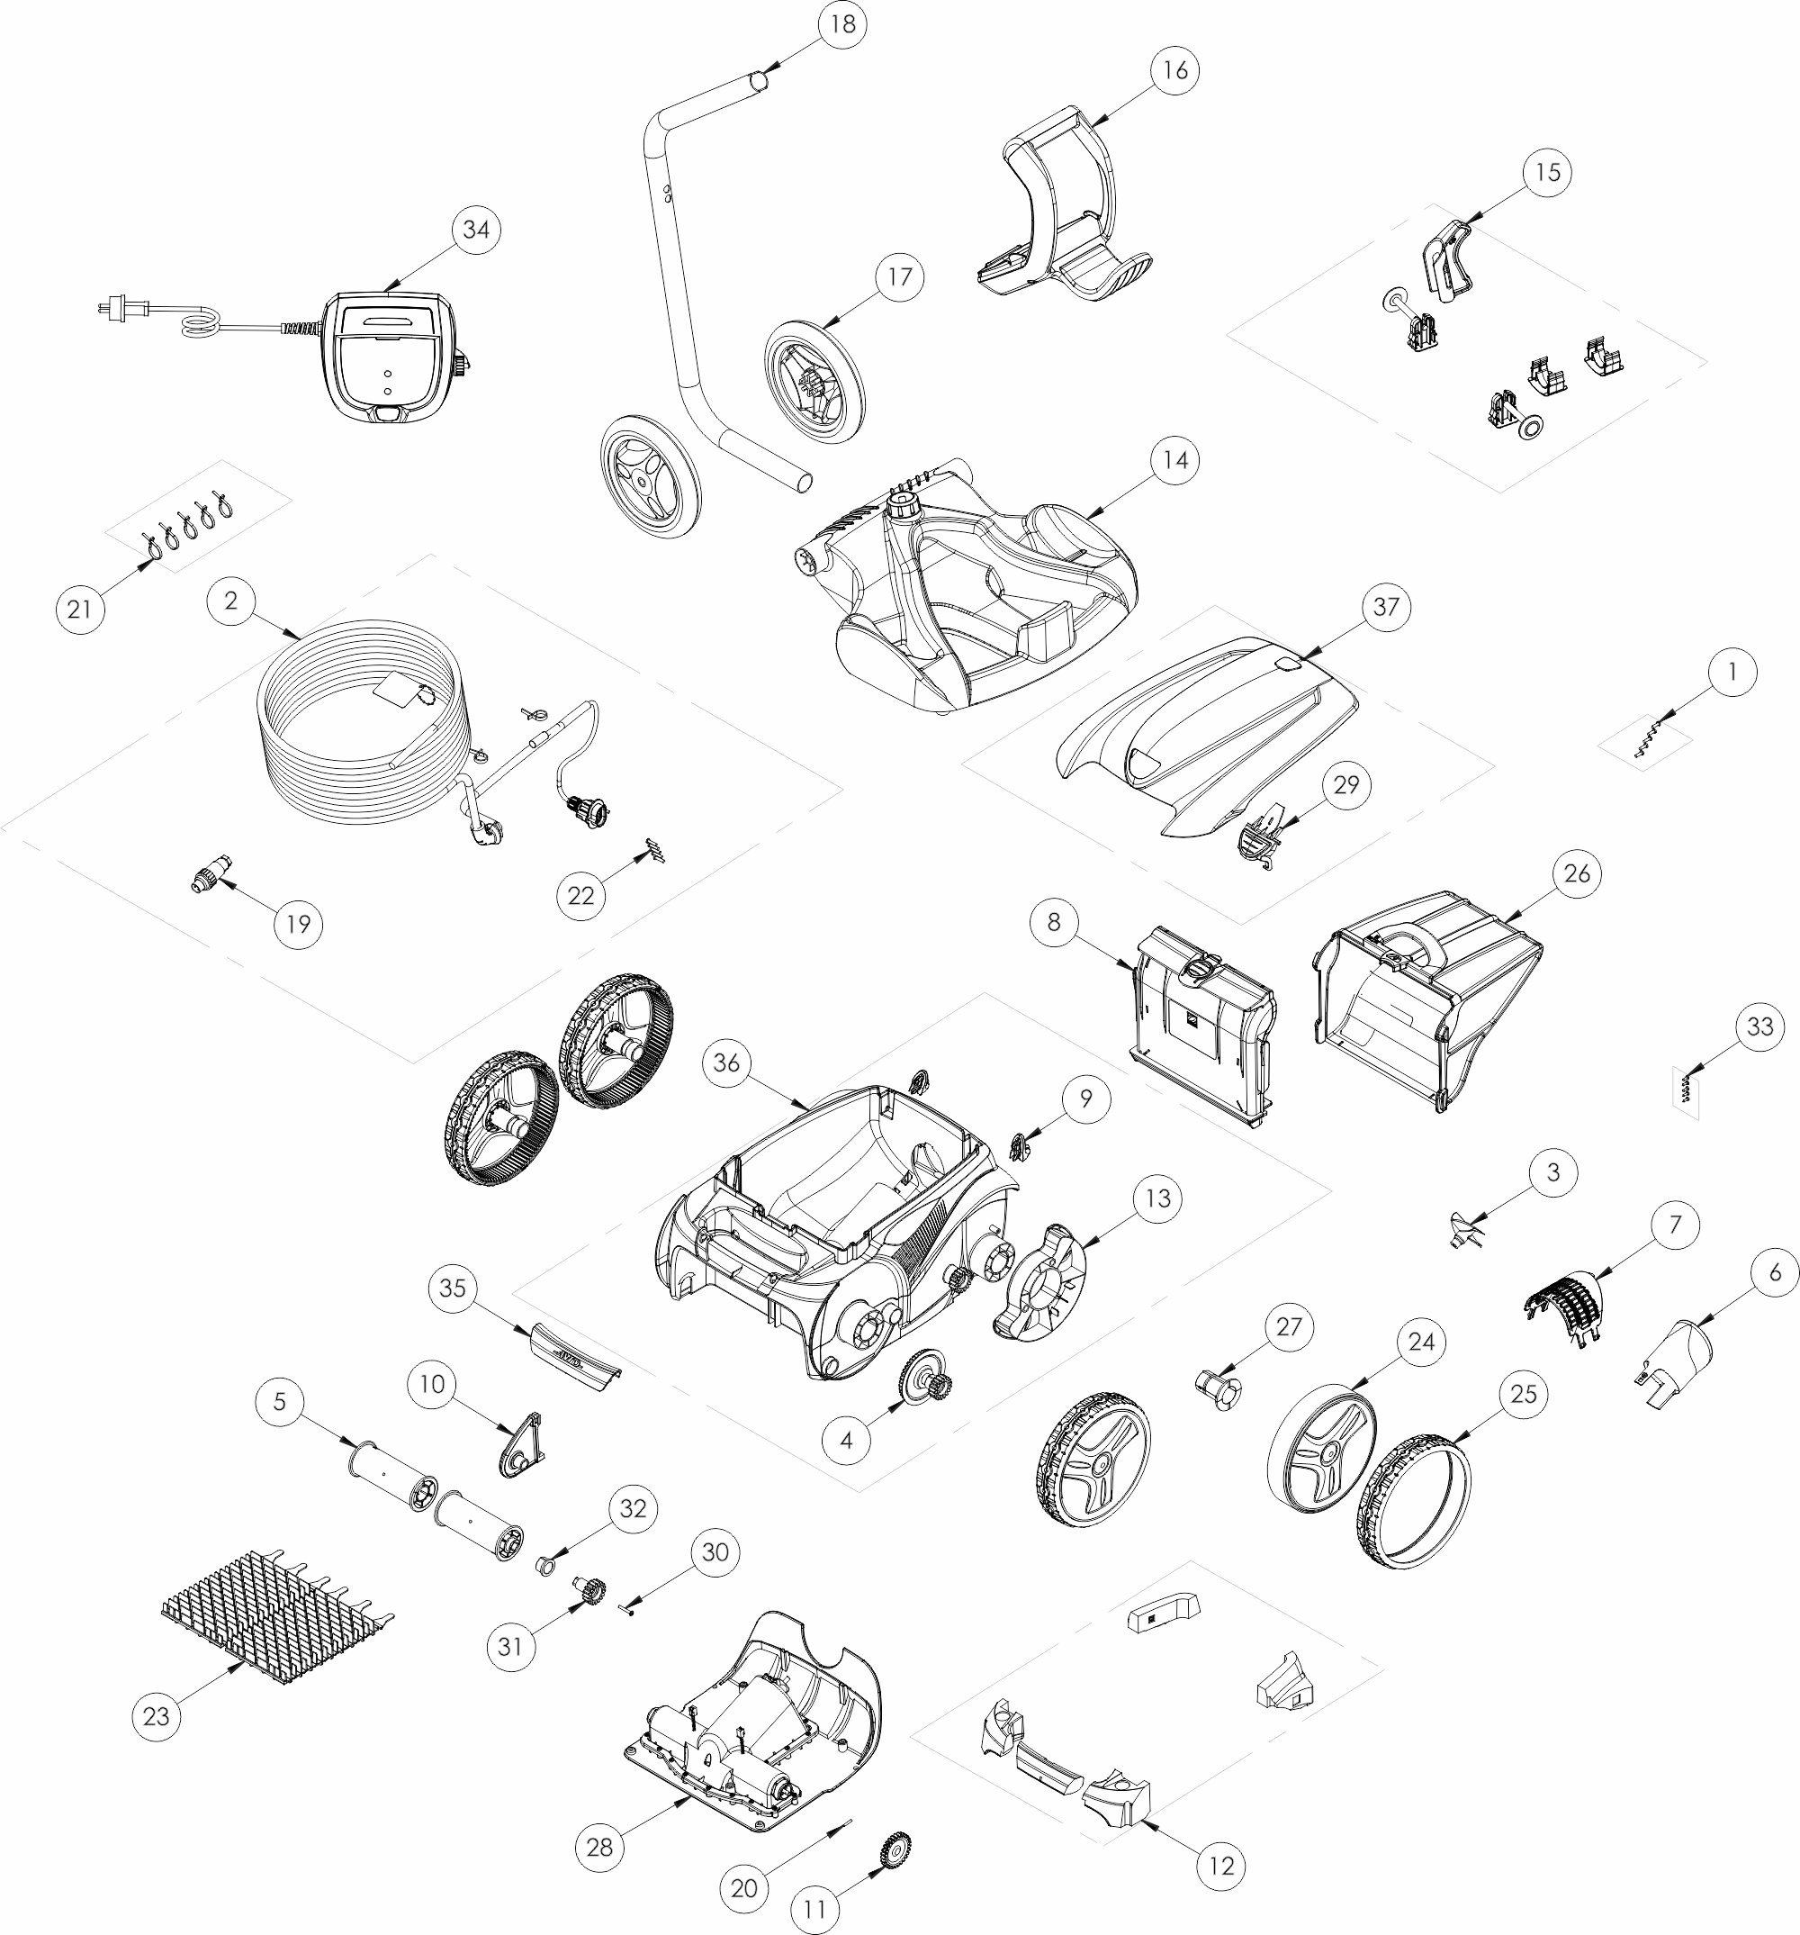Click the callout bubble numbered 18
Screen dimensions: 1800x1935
click(842, 23)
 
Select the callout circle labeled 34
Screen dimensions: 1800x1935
click(476, 230)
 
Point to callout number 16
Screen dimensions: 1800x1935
click(1175, 70)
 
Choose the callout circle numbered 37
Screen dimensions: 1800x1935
click(1385, 608)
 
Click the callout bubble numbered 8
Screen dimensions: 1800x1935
click(1054, 922)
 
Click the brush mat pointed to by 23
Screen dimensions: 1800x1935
click(277, 1618)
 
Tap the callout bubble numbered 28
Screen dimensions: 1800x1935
click(599, 1847)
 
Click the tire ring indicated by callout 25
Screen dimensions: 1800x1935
click(1413, 1501)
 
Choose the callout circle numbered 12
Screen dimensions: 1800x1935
click(1221, 1866)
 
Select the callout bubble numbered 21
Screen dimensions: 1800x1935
click(80, 610)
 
